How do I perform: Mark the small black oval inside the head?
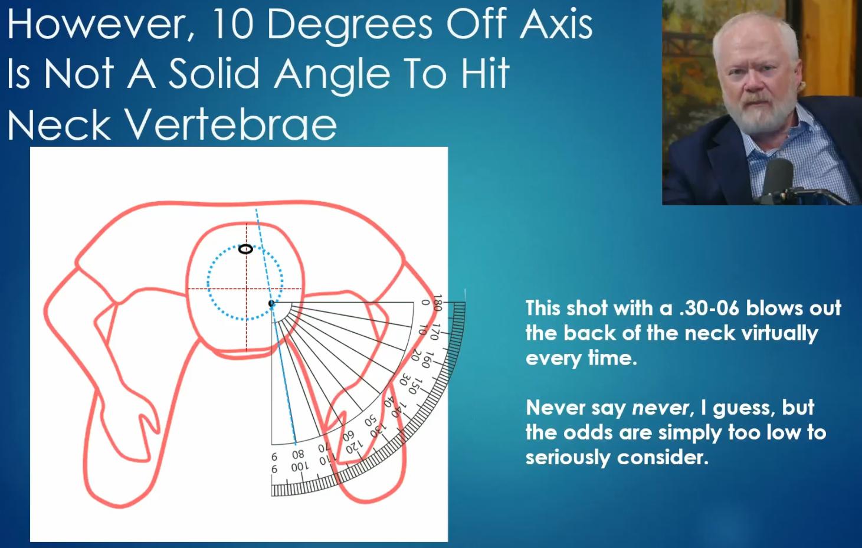[245, 249]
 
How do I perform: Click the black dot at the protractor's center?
[271, 303]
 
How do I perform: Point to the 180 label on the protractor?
[437, 303]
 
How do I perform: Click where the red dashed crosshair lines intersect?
[246, 288]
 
